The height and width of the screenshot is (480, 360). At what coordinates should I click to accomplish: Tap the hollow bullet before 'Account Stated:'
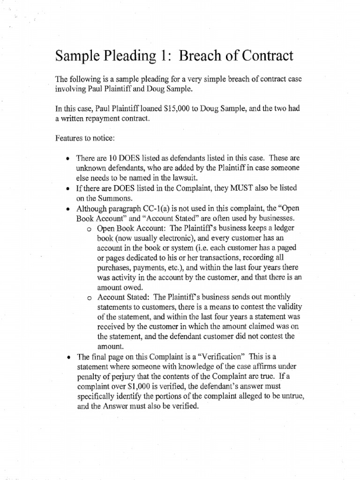[90, 298]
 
